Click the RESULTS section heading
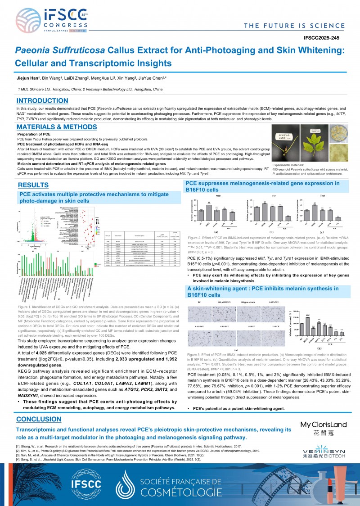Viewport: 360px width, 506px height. (32, 185)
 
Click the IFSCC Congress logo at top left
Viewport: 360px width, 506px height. (45, 21)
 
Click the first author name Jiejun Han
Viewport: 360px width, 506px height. (28, 78)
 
